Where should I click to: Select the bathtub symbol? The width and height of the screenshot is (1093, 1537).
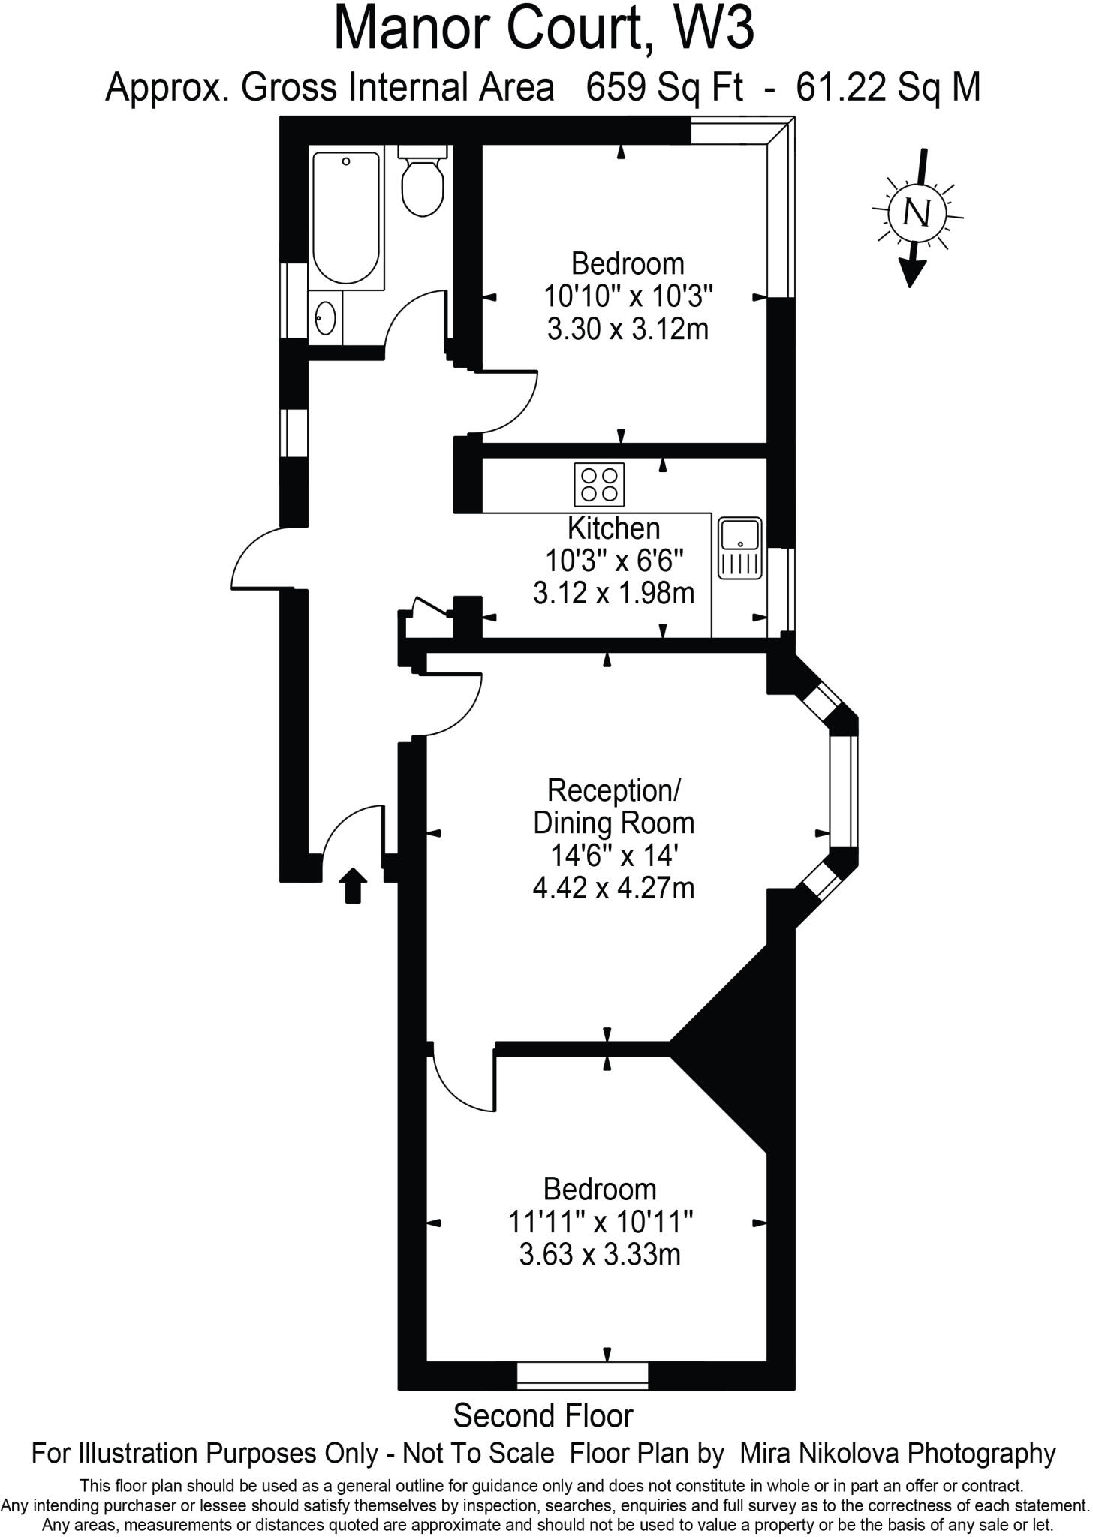[x=346, y=218]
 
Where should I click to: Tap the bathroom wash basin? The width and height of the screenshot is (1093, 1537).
[x=325, y=317]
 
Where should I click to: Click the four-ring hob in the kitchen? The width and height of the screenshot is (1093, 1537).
[x=599, y=484]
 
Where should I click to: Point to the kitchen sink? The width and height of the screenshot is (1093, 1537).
[x=740, y=548]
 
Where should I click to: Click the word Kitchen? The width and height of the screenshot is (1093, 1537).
[x=613, y=528]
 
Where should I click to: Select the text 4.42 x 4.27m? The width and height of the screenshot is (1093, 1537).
[x=613, y=889]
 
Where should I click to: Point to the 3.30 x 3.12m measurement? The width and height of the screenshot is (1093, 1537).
[x=628, y=329]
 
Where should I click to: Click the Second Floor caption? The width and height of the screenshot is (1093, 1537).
[x=543, y=1416]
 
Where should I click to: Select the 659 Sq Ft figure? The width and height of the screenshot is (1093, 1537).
[x=665, y=88]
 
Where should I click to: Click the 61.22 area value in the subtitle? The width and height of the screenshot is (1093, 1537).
[x=835, y=88]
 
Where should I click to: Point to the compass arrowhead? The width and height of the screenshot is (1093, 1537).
[x=911, y=273]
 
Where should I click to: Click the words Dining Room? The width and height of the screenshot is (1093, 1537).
[x=613, y=823]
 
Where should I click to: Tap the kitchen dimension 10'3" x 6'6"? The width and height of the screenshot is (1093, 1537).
[x=614, y=561]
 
